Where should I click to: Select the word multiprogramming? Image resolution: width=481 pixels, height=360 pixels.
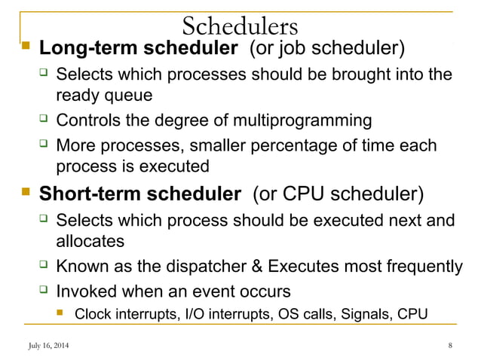(x=304, y=121)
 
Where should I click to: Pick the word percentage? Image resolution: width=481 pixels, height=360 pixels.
(x=302, y=145)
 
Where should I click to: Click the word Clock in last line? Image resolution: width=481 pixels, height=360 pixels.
(x=92, y=313)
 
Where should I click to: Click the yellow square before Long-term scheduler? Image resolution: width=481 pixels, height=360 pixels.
(x=25, y=49)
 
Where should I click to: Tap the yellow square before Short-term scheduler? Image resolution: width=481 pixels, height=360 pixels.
(x=25, y=192)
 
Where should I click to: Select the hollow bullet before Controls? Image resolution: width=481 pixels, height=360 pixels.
(x=44, y=120)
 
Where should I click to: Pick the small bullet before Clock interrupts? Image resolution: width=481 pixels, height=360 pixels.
(x=64, y=313)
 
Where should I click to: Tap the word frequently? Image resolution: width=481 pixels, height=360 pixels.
(x=426, y=266)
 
